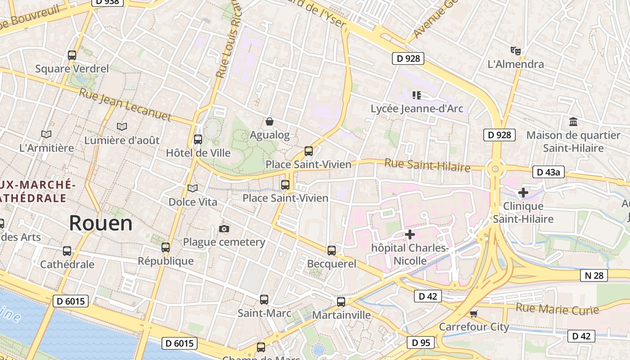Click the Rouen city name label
[101, 223]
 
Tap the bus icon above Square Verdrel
[72, 55]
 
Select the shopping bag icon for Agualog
[270, 121]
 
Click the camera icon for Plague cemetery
[224, 229]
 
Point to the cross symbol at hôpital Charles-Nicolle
[410, 234]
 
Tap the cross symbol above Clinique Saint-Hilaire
[523, 193]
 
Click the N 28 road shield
[594, 275]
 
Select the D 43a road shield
[548, 172]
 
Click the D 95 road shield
[421, 342]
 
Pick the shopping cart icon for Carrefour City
[473, 314]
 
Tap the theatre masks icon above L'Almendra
[516, 50]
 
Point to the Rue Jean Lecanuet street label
[125, 104]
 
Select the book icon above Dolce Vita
[193, 188]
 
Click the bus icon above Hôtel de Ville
[198, 139]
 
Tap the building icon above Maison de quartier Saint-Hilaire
[573, 121]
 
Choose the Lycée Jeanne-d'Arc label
[417, 108]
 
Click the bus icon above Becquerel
[332, 251]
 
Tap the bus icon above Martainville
[341, 302]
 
